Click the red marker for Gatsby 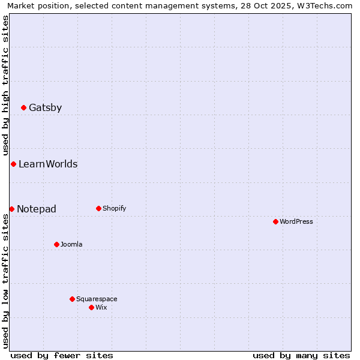[x=23, y=108]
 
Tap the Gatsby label [x=45, y=108]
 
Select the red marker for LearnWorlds [x=13, y=164]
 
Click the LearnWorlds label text [x=48, y=164]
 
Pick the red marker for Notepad [x=11, y=209]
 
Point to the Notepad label [x=37, y=209]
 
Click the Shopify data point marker [x=98, y=209]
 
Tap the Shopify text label [x=114, y=209]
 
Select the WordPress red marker [x=275, y=222]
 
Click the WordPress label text [x=296, y=222]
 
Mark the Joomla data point [x=56, y=244]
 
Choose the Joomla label [x=71, y=245]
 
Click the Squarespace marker [x=72, y=299]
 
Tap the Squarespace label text [x=97, y=299]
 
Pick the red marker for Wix [x=91, y=307]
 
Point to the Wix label [x=101, y=308]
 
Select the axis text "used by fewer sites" [x=62, y=356]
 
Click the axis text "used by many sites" [x=301, y=356]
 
